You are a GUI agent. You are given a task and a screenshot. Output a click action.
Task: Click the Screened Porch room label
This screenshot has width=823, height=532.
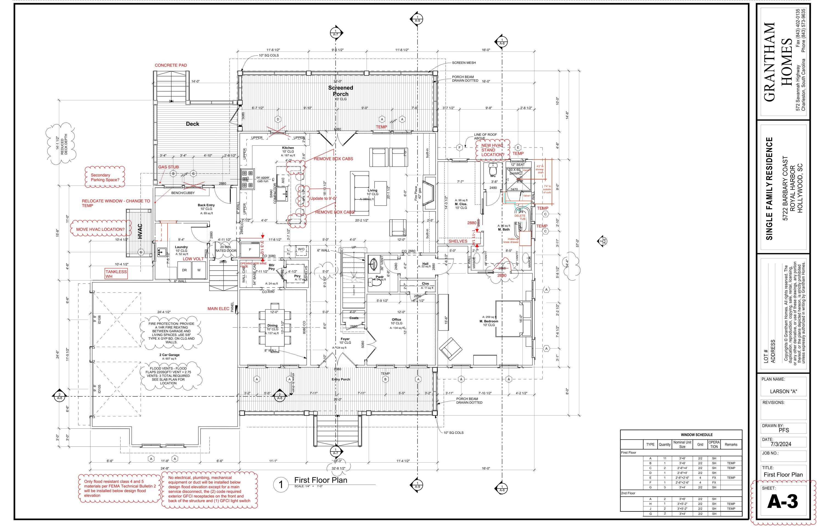341,91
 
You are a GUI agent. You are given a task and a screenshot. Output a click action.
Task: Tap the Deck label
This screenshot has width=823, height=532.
192,124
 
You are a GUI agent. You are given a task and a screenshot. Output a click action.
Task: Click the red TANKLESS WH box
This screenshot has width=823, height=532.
116,274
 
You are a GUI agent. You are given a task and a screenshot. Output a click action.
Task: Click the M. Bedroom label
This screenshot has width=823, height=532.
489,321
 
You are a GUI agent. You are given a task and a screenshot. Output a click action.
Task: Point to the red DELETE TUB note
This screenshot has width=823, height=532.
520,217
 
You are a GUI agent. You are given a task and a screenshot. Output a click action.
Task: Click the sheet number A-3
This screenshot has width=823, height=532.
783,502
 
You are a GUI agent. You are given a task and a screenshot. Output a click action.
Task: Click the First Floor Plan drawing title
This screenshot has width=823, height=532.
320,480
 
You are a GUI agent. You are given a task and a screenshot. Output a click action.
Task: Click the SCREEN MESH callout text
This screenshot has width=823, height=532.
464,63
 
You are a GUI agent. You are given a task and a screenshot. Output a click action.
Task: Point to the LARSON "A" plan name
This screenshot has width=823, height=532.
783,392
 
